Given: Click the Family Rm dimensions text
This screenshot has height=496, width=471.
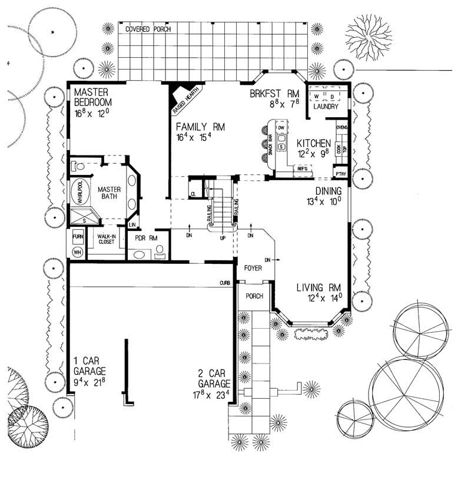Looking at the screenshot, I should click(190, 137).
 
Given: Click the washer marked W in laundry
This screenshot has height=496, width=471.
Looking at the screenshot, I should click(316, 96).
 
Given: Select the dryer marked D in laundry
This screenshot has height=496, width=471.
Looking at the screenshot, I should click(331, 96).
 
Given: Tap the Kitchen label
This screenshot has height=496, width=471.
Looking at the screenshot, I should click(313, 144).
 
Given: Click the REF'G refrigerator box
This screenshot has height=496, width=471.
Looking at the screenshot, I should click(303, 169).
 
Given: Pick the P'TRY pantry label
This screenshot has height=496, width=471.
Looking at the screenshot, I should click(340, 174).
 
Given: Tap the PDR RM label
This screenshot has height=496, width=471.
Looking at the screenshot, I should click(144, 238).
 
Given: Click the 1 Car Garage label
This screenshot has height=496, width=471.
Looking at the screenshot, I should click(89, 366).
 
